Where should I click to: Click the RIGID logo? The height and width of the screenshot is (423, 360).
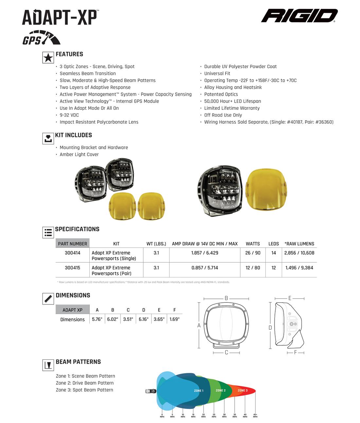pyautogui.click(x=299, y=16)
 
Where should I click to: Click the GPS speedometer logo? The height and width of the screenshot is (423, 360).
pyautogui.click(x=41, y=38)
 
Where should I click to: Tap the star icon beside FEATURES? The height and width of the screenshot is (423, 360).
pyautogui.click(x=48, y=58)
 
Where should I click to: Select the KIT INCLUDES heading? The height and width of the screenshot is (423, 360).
pyautogui.click(x=73, y=135)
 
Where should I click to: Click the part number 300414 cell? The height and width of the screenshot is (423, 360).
pyautogui.click(x=72, y=253)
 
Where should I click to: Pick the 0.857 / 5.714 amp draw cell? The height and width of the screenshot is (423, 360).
pyautogui.click(x=205, y=268)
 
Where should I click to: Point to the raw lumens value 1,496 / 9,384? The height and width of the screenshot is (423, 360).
pyautogui.click(x=299, y=268)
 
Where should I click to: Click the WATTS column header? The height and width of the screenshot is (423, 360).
pyautogui.click(x=253, y=244)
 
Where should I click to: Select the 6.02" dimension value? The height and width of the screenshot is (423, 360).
pyautogui.click(x=113, y=319)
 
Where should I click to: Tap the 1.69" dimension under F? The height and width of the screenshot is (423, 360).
pyautogui.click(x=174, y=319)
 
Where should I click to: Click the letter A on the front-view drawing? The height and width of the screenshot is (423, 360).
pyautogui.click(x=199, y=325)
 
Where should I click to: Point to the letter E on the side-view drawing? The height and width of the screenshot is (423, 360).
pyautogui.click(x=290, y=298)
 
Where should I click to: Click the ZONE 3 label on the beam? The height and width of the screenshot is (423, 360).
pyautogui.click(x=243, y=391)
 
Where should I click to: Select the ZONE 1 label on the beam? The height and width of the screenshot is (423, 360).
pyautogui.click(x=199, y=391)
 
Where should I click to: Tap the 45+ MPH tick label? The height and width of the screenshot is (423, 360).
pyautogui.click(x=255, y=415)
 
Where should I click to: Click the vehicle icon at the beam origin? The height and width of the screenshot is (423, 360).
pyautogui.click(x=151, y=391)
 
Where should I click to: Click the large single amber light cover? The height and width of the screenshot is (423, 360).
pyautogui.click(x=266, y=190)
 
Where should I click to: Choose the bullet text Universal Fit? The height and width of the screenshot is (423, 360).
pyautogui.click(x=217, y=73)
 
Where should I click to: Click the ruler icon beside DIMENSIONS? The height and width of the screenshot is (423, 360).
pyautogui.click(x=48, y=299)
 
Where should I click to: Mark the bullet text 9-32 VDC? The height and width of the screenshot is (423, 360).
pyautogui.click(x=69, y=115)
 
